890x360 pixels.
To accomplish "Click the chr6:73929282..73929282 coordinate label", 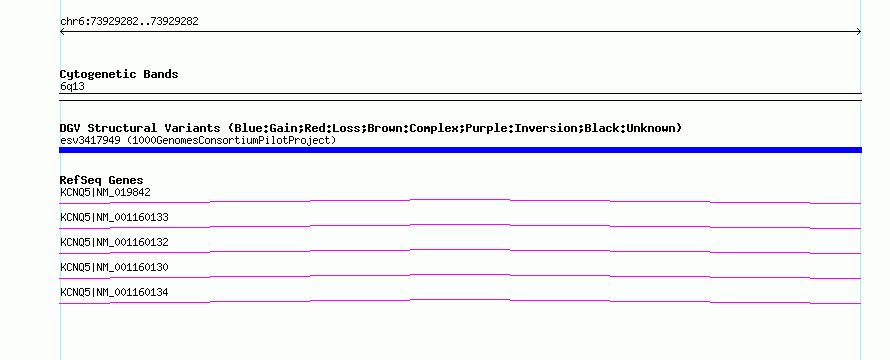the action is coord(129,22).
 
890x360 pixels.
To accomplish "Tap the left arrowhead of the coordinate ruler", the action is coord(62,32).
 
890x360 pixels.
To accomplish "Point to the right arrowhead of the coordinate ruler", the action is coord(859,32).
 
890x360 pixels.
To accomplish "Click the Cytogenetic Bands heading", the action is coord(119,74).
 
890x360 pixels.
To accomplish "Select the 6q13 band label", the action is coord(73,86).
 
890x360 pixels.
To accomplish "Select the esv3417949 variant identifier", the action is coord(90,140).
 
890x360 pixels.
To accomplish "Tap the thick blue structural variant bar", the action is coord(460,150).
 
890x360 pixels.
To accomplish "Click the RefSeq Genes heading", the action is coord(102,180).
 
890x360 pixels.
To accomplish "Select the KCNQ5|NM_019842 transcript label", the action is coord(105,192).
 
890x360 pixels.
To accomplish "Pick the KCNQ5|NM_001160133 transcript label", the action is coord(114,217).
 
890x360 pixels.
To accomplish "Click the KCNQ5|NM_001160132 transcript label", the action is coord(114,242).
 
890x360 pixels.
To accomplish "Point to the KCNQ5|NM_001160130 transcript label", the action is coord(114,267).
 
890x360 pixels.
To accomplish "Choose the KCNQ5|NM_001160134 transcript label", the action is coord(114,292).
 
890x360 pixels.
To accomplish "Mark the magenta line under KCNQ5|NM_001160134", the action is coord(460,300).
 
